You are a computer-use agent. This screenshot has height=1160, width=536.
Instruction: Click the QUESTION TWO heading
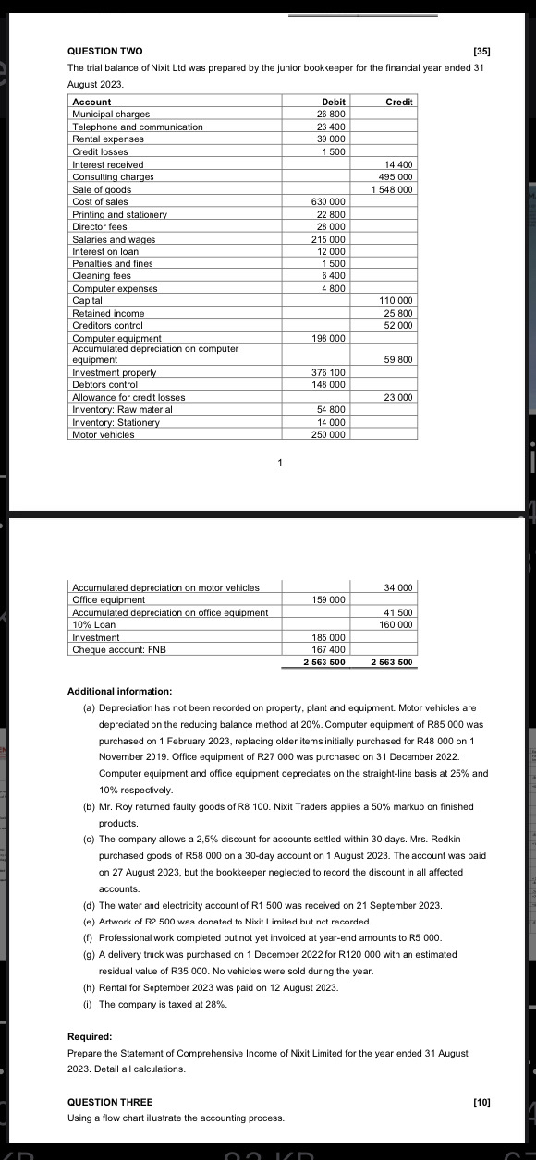(105, 50)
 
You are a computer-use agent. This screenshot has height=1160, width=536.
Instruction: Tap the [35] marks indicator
(481, 50)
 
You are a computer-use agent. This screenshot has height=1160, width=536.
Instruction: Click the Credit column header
(399, 102)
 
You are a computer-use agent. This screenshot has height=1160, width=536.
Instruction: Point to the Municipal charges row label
(111, 114)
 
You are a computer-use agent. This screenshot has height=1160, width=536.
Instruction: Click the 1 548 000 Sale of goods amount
(392, 189)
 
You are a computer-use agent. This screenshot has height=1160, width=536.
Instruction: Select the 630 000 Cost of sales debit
(330, 201)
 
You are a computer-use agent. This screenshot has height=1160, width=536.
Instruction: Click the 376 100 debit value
(330, 371)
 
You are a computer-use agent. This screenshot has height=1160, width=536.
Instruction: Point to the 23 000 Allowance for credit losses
(398, 396)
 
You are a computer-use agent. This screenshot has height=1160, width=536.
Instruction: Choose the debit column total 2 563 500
(324, 662)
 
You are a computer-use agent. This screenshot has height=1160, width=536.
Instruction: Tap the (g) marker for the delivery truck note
(88, 952)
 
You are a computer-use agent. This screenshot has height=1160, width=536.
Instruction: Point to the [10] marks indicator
(481, 1102)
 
